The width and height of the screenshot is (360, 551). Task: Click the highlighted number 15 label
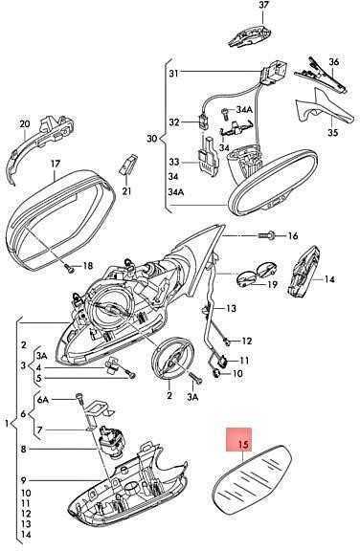[x=243, y=445]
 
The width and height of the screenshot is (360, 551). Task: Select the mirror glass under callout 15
[x=252, y=479]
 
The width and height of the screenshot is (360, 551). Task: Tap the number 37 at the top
[x=263, y=5]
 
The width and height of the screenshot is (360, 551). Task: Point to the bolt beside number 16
[x=267, y=235]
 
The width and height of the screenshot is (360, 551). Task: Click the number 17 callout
[x=56, y=164]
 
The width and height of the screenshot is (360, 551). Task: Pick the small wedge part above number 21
[x=126, y=165]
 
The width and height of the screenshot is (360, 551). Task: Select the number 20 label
[x=25, y=123]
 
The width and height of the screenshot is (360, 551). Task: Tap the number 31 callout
[x=173, y=73]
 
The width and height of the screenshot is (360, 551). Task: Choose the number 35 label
[x=333, y=132]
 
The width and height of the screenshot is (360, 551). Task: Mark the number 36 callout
[x=333, y=62]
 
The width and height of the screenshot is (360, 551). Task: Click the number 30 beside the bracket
[x=152, y=139]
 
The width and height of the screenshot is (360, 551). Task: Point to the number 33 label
[x=173, y=162]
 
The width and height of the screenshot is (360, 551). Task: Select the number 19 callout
[x=273, y=285]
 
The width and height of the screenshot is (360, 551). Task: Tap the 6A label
[x=42, y=400]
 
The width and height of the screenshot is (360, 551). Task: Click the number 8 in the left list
[x=24, y=449]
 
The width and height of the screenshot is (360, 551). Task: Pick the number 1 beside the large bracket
[x=7, y=424]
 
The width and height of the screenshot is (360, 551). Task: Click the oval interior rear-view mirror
[x=273, y=182]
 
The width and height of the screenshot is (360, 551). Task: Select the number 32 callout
[x=173, y=122]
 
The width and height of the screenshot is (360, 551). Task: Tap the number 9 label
[x=24, y=479]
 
